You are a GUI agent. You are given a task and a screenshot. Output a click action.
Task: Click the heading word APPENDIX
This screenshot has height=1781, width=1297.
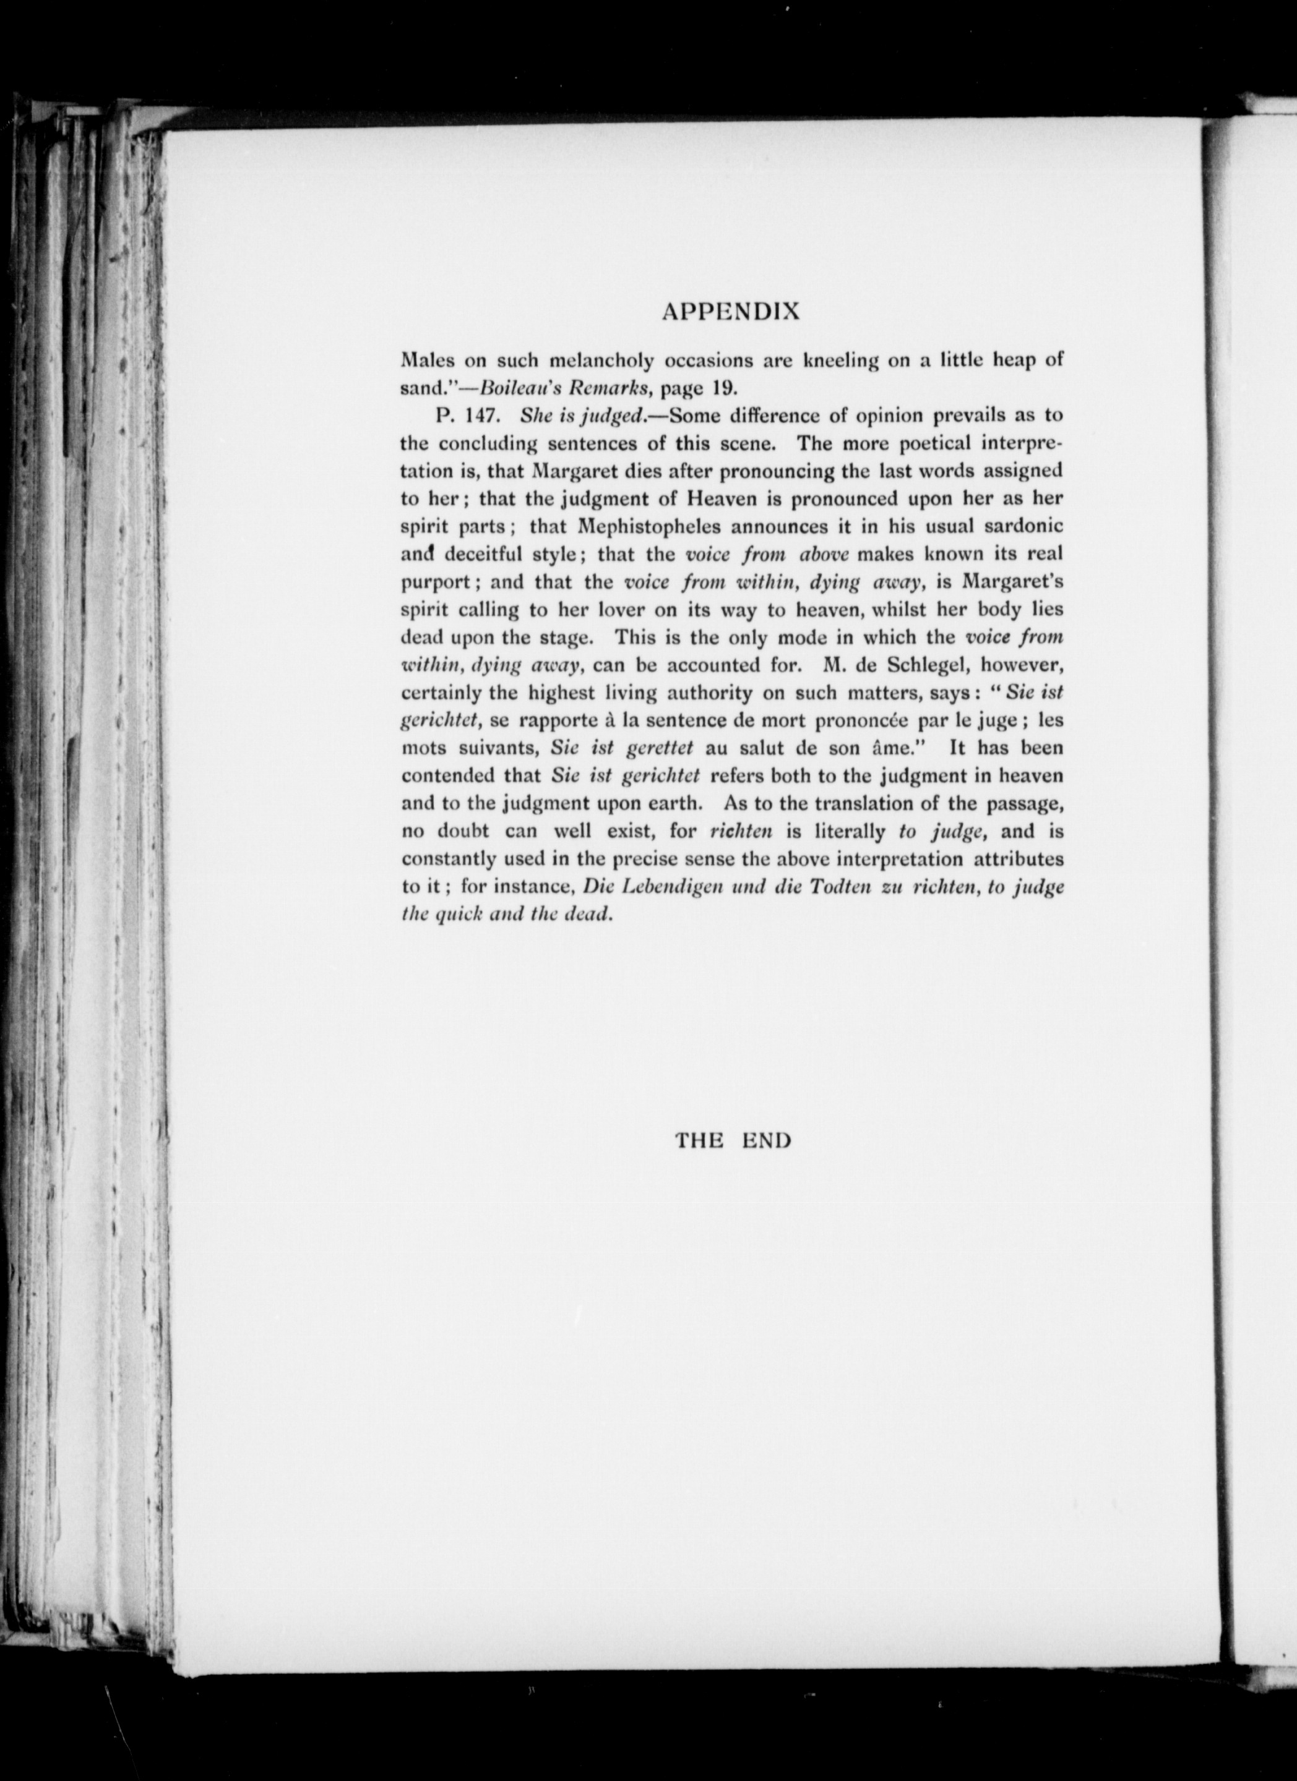[x=731, y=312]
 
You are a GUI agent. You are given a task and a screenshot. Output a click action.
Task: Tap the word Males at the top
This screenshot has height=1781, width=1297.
[x=425, y=361]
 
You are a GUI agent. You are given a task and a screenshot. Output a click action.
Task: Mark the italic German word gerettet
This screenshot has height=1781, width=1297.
[x=659, y=748]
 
